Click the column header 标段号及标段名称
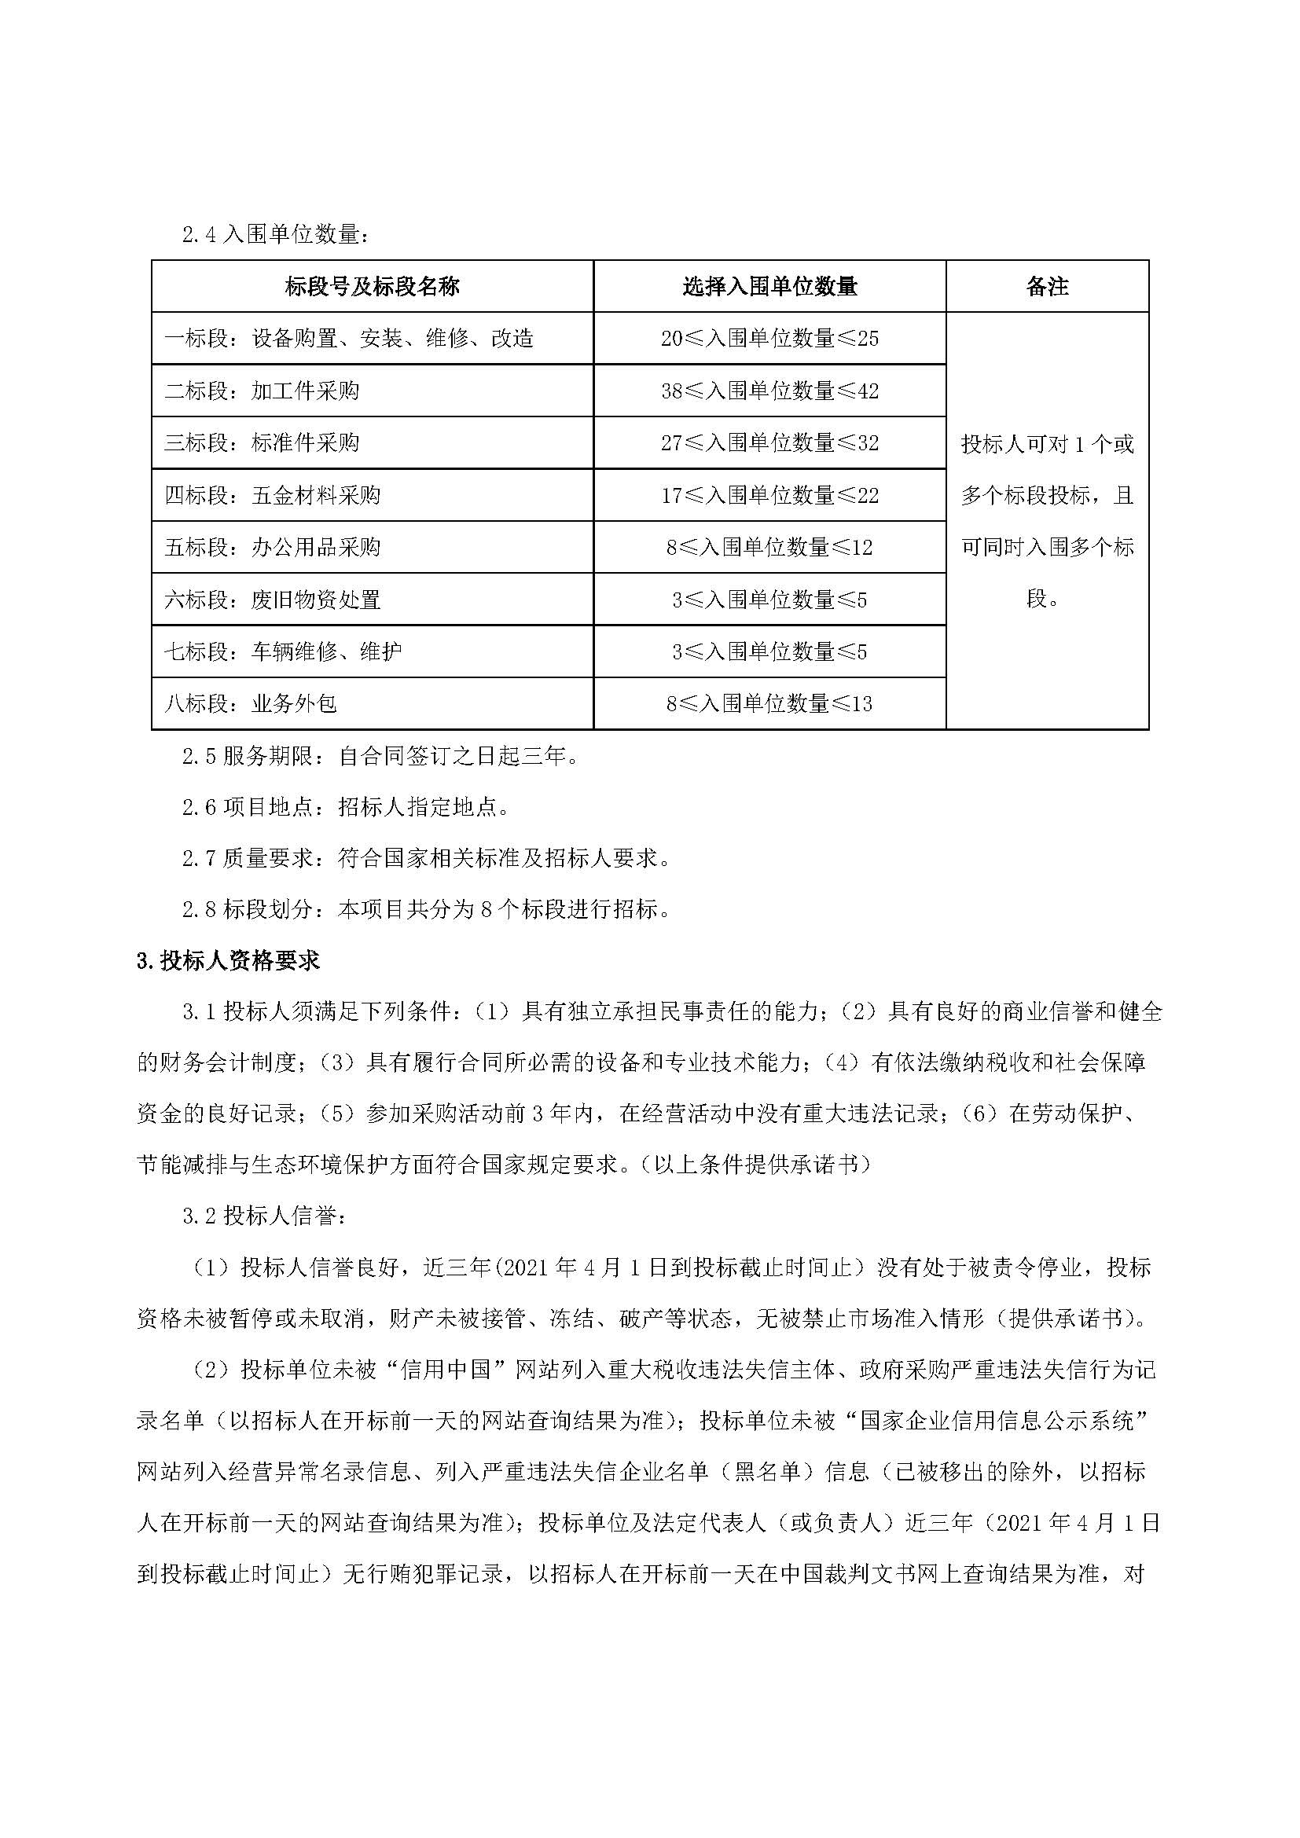tap(373, 287)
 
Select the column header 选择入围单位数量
tap(769, 287)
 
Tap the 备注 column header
tap(1047, 287)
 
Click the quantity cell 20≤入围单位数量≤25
tap(769, 339)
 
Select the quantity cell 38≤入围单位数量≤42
tap(769, 391)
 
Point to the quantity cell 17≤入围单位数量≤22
tap(769, 496)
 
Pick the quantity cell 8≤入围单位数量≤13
tap(769, 703)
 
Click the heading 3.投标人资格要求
tap(228, 961)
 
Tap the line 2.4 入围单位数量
tap(277, 236)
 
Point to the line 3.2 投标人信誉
tap(265, 1216)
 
